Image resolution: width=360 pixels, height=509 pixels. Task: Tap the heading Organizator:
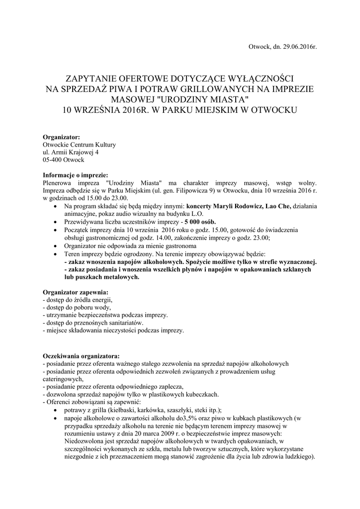[x=61, y=137]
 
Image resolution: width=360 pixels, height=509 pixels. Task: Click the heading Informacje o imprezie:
[x=75, y=175]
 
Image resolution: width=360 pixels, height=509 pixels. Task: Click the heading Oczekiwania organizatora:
[x=81, y=356]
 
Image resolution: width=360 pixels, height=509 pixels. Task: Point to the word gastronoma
[x=180, y=246]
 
